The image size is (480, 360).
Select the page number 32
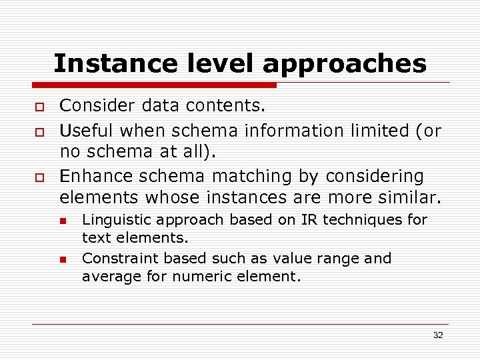tap(437, 335)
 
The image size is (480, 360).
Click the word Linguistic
tap(115, 220)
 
